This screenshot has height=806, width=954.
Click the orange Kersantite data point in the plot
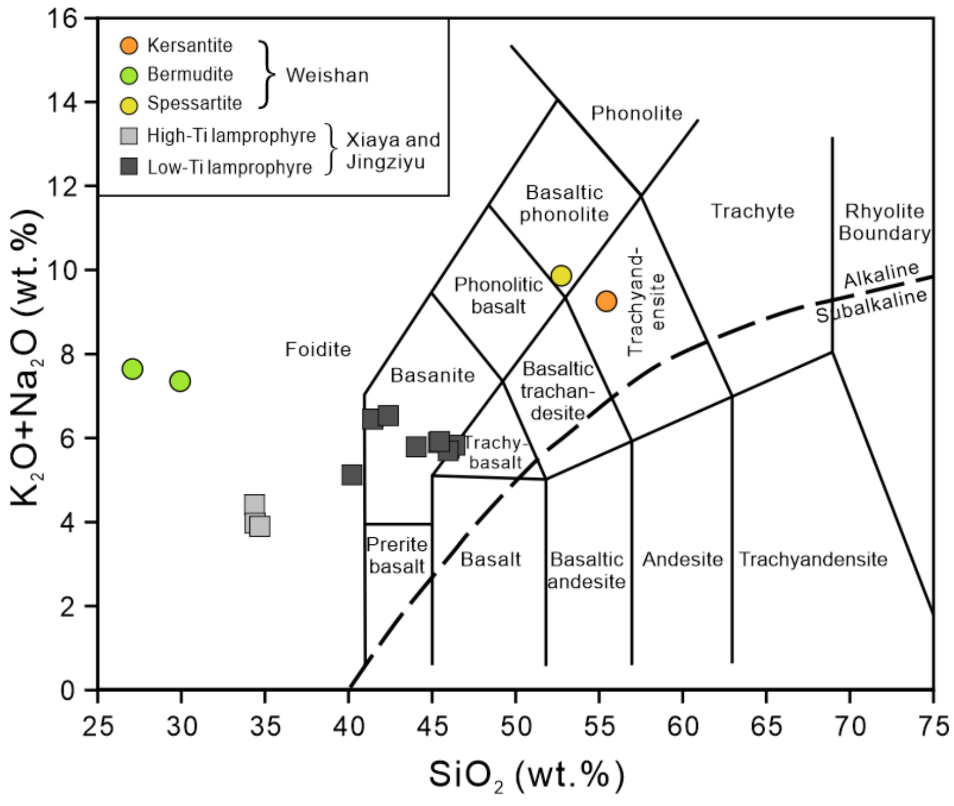pyautogui.click(x=606, y=301)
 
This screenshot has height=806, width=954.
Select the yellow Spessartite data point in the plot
pyautogui.click(x=561, y=275)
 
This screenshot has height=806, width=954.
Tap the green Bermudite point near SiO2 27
pyautogui.click(x=133, y=369)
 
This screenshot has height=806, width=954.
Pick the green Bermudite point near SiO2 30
pyautogui.click(x=180, y=381)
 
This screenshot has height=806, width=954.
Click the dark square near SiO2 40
pyautogui.click(x=352, y=475)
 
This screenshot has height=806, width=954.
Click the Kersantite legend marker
pyautogui.click(x=129, y=45)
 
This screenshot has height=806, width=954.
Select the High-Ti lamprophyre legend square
pyautogui.click(x=129, y=136)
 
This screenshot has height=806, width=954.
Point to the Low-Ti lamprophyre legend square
pyautogui.click(x=129, y=167)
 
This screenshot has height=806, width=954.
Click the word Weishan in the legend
pyautogui.click(x=327, y=75)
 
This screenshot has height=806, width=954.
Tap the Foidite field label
pyautogui.click(x=318, y=350)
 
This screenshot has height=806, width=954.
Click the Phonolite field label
pyautogui.click(x=636, y=113)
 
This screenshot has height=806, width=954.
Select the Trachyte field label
pyautogui.click(x=752, y=211)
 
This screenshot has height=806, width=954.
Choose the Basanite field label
pyautogui.click(x=433, y=375)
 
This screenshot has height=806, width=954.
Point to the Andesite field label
pyautogui.click(x=682, y=559)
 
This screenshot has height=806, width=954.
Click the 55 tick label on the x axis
pyautogui.click(x=599, y=727)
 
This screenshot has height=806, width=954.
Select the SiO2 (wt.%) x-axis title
pyautogui.click(x=526, y=775)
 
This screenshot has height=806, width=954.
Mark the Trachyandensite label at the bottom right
pyautogui.click(x=813, y=559)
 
